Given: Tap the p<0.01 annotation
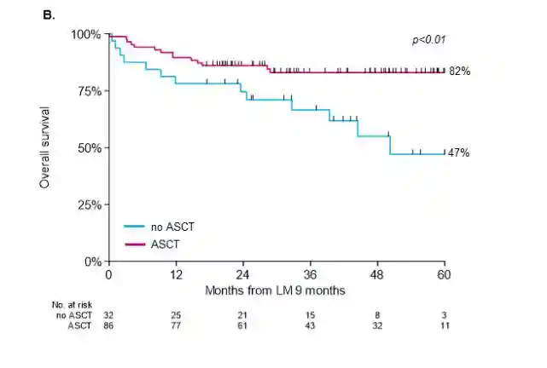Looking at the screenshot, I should click(429, 40).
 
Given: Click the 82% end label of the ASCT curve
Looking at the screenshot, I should click(459, 72).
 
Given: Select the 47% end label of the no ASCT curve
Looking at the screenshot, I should click(459, 153).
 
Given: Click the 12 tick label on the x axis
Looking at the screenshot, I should click(175, 276).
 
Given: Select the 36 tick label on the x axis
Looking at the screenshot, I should click(310, 276).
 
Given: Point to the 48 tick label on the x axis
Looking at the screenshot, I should click(377, 276).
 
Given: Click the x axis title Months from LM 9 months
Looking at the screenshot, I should click(275, 290).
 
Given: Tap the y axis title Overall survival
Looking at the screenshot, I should click(44, 147).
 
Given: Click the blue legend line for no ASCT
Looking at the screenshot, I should click(136, 227).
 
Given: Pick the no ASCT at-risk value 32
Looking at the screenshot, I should click(108, 315).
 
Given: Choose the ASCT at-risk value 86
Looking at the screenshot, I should click(108, 325).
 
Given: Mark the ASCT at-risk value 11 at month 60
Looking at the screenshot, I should click(445, 325).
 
